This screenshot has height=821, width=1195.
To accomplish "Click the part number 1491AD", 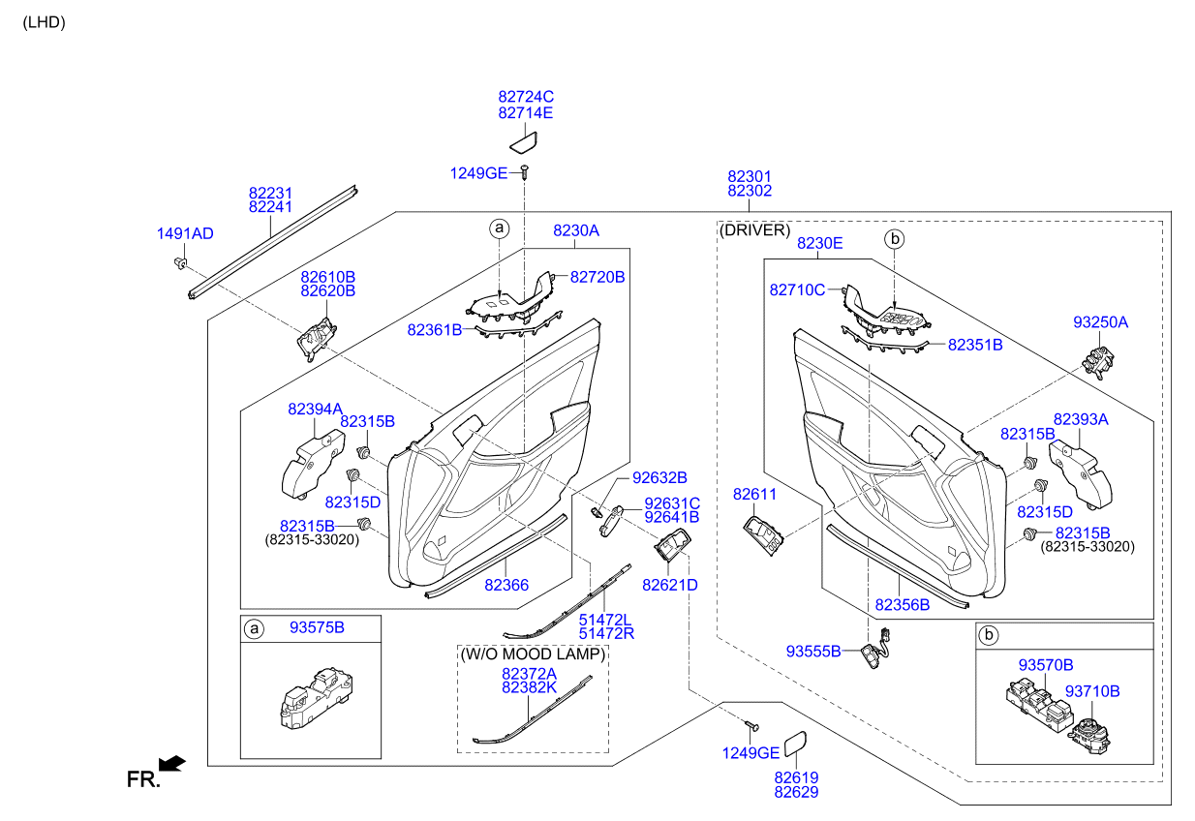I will click(185, 233).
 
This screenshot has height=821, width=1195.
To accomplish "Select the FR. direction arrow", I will click(171, 764).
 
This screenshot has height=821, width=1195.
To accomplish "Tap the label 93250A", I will click(1100, 321).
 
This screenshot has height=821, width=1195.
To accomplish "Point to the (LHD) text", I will click(44, 22).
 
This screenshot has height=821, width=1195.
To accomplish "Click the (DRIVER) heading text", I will click(754, 230).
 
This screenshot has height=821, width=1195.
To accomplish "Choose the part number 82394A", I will click(315, 410).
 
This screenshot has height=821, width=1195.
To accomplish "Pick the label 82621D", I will click(669, 585).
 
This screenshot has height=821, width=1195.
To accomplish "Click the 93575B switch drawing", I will click(313, 696).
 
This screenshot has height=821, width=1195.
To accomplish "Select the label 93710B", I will click(1092, 691).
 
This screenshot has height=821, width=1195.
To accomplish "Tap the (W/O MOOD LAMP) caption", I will click(533, 654).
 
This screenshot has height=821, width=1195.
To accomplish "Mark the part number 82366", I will click(506, 585).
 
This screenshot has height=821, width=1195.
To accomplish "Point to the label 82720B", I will click(597, 277).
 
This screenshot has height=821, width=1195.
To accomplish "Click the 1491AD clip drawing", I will click(180, 263).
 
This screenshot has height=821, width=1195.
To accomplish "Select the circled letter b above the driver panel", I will click(895, 238).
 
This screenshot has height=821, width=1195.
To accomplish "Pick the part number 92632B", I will click(659, 477).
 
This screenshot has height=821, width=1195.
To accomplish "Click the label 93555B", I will click(813, 651).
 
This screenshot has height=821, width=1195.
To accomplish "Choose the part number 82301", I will click(750, 177).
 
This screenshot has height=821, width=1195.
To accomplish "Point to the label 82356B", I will click(902, 604).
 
